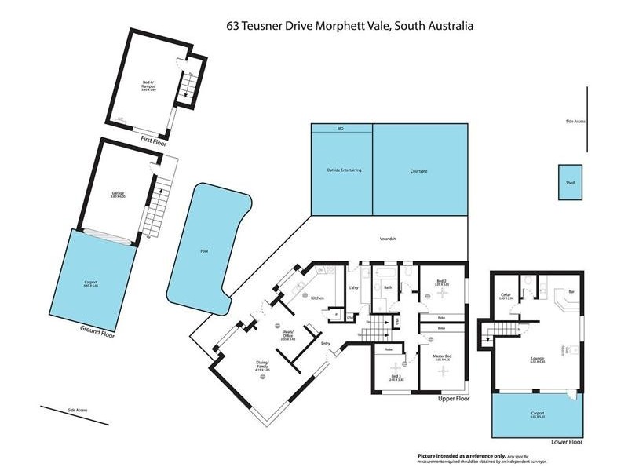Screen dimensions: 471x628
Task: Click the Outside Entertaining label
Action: coord(343,170)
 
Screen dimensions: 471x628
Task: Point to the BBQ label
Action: coord(341,128)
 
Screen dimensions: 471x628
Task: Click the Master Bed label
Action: coord(443,357)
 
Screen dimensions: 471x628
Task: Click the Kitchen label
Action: coord(318,298)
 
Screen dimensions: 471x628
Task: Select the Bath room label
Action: coord(388,288)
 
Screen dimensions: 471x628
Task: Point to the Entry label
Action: coord(325,343)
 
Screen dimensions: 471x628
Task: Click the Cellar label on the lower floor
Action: coord(506,296)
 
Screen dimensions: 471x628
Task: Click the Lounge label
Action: coord(537,360)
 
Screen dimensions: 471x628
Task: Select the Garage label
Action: coord(118,193)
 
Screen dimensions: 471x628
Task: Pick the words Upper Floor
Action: coord(452,399)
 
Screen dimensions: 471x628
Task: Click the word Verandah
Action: coord(388,238)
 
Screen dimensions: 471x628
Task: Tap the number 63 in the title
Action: coord(232,26)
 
